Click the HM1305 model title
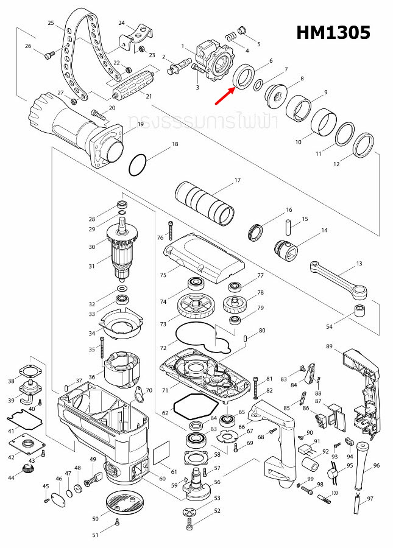[333, 32]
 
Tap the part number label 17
[238, 180]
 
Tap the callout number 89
[329, 347]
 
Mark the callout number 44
[11, 478]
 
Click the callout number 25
[51, 23]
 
